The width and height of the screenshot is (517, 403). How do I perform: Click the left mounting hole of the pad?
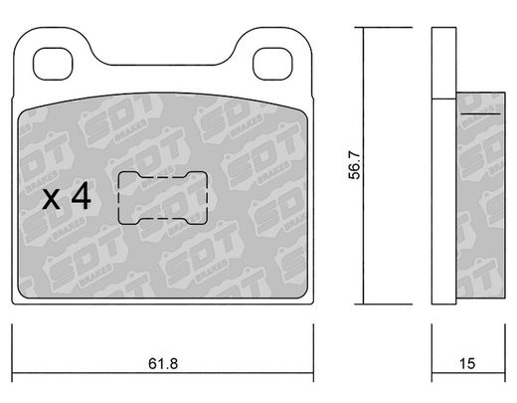[x=53, y=64]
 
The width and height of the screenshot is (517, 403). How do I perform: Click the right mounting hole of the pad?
[x=272, y=64]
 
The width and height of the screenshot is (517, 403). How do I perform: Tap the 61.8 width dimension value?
[x=163, y=363]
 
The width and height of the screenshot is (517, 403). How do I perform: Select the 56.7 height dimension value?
[x=354, y=165]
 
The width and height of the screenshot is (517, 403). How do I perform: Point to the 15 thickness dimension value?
[x=467, y=363]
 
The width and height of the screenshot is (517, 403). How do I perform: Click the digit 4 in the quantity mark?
[x=82, y=195]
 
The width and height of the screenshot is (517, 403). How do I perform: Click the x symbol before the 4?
[x=52, y=200]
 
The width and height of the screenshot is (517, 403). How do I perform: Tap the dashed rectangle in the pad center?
[x=118, y=198]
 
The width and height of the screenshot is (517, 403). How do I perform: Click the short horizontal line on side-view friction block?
[x=480, y=113]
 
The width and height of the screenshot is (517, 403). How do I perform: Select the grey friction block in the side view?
[x=480, y=195]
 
